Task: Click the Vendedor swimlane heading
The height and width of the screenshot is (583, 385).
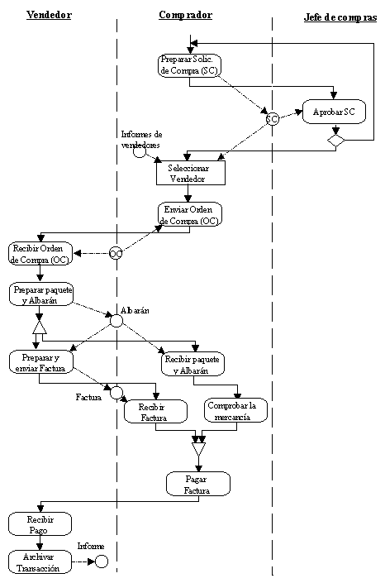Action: click(x=49, y=15)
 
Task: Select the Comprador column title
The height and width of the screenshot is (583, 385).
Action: click(x=185, y=15)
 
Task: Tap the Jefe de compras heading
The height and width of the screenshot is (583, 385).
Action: click(x=340, y=17)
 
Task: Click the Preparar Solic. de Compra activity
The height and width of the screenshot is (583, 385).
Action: click(x=189, y=65)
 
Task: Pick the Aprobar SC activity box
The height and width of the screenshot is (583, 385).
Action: click(x=334, y=112)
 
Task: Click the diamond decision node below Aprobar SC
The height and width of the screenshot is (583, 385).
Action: click(x=336, y=141)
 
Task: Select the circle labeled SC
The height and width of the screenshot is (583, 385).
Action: click(x=273, y=119)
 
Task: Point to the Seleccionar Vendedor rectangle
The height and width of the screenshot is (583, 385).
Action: click(x=191, y=174)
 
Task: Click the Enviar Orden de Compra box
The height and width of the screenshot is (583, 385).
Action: click(x=190, y=214)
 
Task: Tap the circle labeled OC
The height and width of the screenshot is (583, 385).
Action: click(x=116, y=254)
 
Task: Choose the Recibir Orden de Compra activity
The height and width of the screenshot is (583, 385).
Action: click(x=40, y=254)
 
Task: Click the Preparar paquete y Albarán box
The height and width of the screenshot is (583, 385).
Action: click(x=41, y=294)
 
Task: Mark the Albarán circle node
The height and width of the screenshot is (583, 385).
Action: click(x=116, y=321)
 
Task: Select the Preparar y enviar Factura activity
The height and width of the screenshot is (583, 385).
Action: click(x=41, y=362)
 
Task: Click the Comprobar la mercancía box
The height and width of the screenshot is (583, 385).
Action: click(x=235, y=410)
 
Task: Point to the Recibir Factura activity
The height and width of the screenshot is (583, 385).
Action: click(x=155, y=412)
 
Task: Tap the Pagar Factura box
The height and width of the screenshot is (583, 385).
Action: click(x=198, y=484)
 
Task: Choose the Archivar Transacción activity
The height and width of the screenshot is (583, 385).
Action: click(x=40, y=561)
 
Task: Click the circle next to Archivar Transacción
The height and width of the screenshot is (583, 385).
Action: click(x=102, y=561)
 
